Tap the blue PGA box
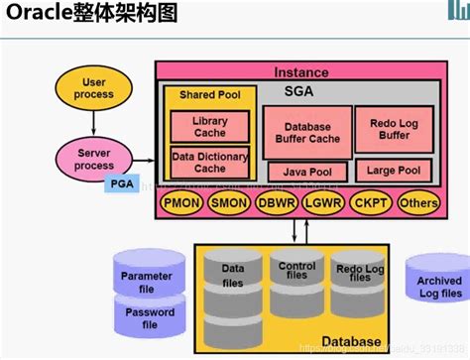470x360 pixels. (x=120, y=183)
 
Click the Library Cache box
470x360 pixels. (x=209, y=126)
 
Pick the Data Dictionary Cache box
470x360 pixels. (x=209, y=162)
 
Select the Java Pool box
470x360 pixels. (x=306, y=172)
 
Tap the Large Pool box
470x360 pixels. (x=394, y=170)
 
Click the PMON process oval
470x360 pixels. (x=181, y=203)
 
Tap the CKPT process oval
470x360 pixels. (x=370, y=203)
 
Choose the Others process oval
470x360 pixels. (x=417, y=203)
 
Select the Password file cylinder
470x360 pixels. (x=146, y=317)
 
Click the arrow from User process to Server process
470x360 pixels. (x=94, y=121)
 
